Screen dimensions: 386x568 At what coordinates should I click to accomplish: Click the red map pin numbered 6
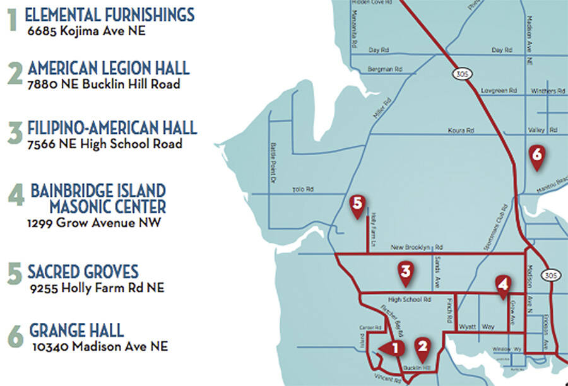click(536, 155)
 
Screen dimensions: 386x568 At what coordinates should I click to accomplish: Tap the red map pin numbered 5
click(358, 204)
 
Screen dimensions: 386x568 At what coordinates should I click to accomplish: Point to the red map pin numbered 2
click(422, 346)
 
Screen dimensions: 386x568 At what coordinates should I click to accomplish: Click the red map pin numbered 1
click(393, 348)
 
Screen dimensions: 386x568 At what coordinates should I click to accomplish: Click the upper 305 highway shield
click(459, 74)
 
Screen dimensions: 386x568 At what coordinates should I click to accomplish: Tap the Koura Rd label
click(461, 131)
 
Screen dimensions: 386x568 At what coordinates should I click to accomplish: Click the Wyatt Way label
click(476, 327)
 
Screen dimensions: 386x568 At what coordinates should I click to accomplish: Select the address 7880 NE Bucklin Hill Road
click(104, 85)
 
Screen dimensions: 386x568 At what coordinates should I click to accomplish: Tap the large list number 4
click(16, 196)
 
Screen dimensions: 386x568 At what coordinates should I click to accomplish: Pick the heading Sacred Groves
click(83, 272)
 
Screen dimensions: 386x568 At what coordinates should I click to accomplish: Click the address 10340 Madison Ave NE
click(98, 346)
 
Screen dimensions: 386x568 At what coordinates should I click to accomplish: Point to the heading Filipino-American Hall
click(112, 129)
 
